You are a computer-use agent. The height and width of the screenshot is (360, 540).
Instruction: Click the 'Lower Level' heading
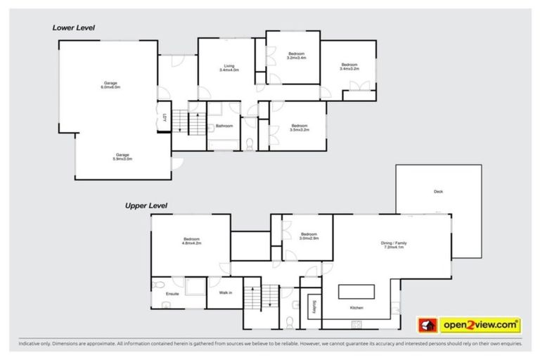[73, 27]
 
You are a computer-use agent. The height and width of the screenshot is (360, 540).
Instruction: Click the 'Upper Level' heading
[146, 206]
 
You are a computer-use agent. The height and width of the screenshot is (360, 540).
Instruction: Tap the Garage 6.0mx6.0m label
[110, 85]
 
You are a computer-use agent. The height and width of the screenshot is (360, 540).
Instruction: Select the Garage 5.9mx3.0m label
[124, 157]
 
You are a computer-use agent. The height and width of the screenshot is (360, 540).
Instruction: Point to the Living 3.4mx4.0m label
[229, 67]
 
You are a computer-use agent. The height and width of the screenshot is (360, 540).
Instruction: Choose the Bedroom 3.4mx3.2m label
[349, 67]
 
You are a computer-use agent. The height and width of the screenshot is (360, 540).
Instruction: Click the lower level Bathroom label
[224, 126]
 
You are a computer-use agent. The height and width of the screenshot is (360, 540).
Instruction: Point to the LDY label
[164, 118]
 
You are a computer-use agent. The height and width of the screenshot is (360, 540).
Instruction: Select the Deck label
[438, 191]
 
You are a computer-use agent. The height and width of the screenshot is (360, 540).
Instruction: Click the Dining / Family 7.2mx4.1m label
[394, 245]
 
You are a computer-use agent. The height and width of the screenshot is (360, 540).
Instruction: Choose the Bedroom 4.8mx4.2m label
[191, 240]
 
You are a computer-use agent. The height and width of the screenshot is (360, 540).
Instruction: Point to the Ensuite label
[172, 293]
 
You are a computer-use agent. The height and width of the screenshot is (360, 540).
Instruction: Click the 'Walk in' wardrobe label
[225, 292]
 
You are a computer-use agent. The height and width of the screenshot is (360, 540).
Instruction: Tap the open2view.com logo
[470, 325]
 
